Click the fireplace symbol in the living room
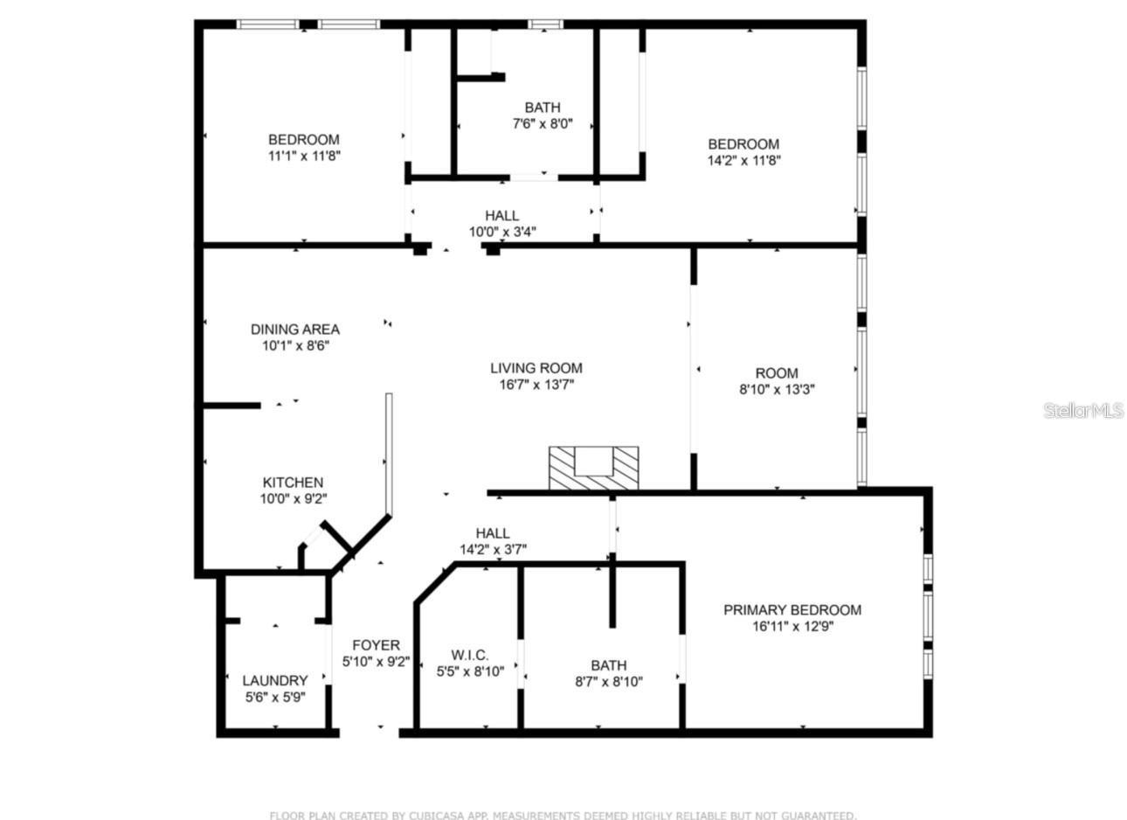[593, 468]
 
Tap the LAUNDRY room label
[274, 680]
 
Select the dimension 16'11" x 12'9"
[792, 626]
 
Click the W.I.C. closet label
[470, 655]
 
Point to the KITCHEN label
[293, 483]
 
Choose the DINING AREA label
[295, 330]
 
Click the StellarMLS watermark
[1082, 410]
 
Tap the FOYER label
[376, 645]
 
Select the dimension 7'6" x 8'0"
[543, 124]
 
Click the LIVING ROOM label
[536, 368]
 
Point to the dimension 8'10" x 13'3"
[777, 390]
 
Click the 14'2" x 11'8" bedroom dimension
[743, 161]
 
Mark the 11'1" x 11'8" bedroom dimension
[303, 156]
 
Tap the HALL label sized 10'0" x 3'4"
[502, 215]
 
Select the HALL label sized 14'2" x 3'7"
[493, 533]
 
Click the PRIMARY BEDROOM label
[792, 609]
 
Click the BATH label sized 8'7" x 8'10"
[608, 664]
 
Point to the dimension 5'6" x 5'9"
[274, 698]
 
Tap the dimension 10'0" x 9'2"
[293, 499]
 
